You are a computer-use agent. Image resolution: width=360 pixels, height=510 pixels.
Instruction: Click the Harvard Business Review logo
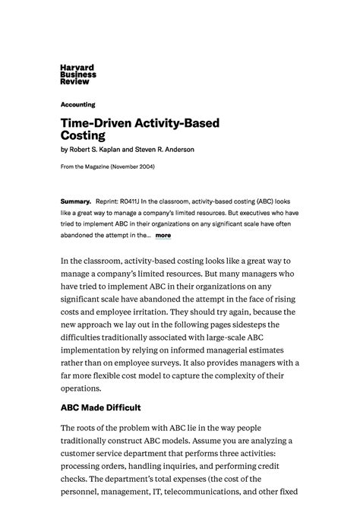point(78,74)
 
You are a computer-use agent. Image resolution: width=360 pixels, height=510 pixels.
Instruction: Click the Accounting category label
point(77,105)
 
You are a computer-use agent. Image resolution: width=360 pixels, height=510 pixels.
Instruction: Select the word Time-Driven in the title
point(93,123)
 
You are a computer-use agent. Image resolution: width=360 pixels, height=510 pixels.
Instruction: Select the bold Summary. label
point(76,201)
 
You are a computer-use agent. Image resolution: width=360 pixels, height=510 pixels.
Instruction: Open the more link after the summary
point(163,236)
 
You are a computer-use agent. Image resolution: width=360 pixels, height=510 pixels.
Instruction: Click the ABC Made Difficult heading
point(100,407)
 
